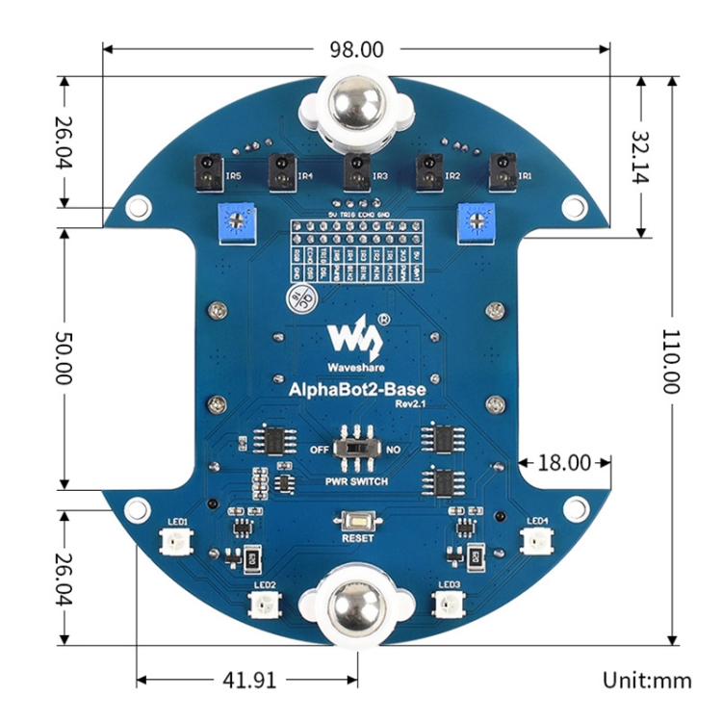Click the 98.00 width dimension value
point(357,48)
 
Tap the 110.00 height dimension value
point(670,360)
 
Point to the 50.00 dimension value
point(62,359)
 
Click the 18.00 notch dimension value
point(563,462)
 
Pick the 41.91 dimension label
point(249,681)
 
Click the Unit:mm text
point(647,680)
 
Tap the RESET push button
point(357,521)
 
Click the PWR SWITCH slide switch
point(357,450)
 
